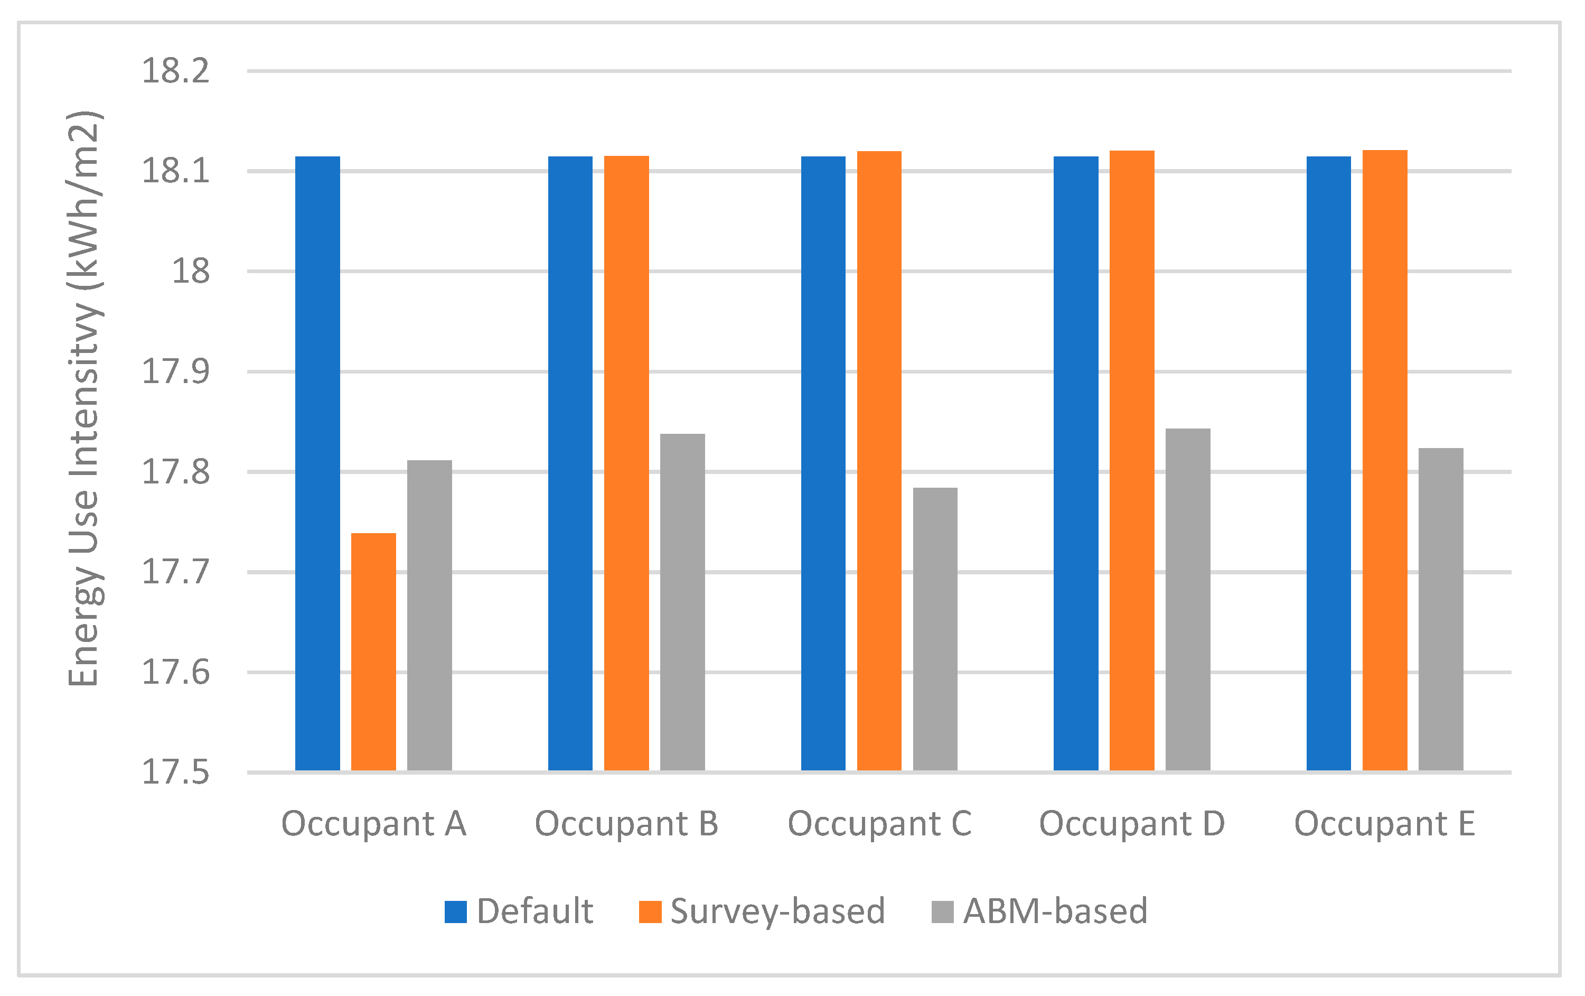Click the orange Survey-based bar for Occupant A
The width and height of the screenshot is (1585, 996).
(373, 651)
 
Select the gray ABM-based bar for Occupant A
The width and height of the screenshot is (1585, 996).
(429, 616)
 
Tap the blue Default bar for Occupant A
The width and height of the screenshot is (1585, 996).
(317, 463)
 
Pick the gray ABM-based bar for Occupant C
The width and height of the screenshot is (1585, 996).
(935, 629)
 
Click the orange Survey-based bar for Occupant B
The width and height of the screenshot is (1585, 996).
(626, 463)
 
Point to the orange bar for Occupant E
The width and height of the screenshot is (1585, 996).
(1384, 461)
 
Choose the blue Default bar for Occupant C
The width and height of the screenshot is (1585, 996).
(823, 463)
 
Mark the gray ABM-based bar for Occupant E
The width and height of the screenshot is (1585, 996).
(1440, 609)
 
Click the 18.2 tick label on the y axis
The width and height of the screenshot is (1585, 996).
(175, 71)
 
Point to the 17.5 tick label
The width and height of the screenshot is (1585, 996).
(175, 772)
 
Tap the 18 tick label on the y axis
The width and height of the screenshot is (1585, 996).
(190, 271)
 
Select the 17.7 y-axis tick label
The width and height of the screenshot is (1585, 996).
(175, 571)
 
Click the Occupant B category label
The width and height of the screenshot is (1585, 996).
(626, 824)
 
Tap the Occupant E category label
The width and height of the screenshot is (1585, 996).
(1384, 824)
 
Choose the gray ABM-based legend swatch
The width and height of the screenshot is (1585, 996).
(942, 912)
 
